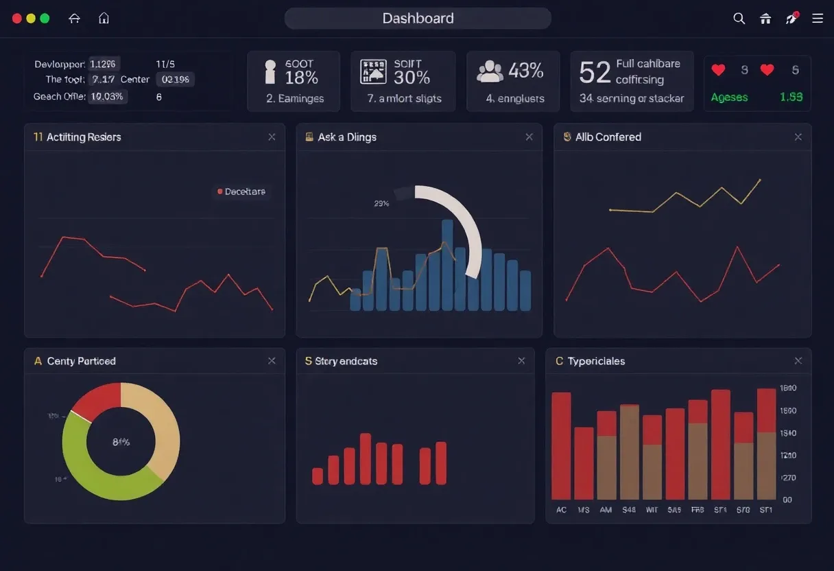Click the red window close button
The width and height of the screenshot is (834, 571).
[17, 19]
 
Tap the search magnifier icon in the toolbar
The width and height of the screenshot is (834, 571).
[739, 19]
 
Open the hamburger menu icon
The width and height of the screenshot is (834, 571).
[817, 19]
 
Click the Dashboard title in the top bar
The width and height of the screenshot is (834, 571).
[418, 19]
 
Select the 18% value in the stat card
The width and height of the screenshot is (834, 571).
[301, 78]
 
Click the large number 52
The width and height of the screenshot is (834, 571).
[595, 72]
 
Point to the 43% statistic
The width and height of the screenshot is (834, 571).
[525, 70]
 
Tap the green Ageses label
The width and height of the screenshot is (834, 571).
[729, 97]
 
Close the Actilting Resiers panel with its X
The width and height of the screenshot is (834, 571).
[272, 137]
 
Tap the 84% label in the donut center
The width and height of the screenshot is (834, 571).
[121, 442]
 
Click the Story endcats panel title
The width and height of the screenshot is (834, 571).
[346, 361]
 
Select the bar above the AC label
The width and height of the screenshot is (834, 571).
[561, 446]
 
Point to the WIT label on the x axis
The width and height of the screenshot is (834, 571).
[652, 510]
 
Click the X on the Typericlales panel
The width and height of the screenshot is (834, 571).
[798, 361]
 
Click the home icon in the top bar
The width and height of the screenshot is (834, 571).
[104, 19]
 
